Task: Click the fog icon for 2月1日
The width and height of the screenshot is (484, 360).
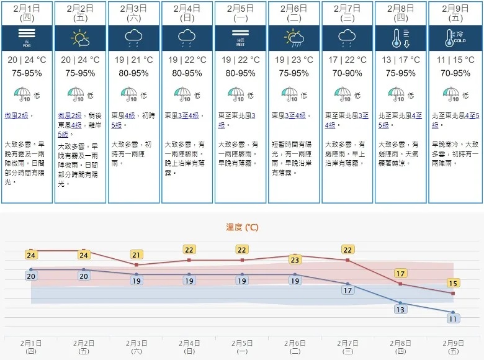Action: pyautogui.click(x=27, y=38)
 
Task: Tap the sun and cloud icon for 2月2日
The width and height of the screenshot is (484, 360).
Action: pyautogui.click(x=81, y=38)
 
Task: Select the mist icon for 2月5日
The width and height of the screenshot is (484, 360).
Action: pyautogui.click(x=241, y=38)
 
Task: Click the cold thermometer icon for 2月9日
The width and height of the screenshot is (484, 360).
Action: pyautogui.click(x=454, y=38)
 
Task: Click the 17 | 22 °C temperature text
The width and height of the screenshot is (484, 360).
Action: pyautogui.click(x=347, y=60)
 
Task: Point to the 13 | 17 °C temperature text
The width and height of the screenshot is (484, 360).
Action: pyautogui.click(x=401, y=60)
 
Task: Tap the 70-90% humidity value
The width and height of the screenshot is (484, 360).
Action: pyautogui.click(x=347, y=73)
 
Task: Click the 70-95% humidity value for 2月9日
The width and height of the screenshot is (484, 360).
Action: pyautogui.click(x=454, y=73)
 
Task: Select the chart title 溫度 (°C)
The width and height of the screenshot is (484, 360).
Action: pyautogui.click(x=242, y=228)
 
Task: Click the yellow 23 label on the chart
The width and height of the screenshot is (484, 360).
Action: pyautogui.click(x=295, y=259)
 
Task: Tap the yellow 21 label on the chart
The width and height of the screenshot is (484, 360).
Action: pyautogui.click(x=137, y=254)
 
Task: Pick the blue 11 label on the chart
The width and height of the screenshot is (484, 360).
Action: pyautogui.click(x=454, y=318)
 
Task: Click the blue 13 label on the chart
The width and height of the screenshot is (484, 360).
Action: pyautogui.click(x=401, y=309)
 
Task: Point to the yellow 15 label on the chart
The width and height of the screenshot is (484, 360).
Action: pyautogui.click(x=454, y=283)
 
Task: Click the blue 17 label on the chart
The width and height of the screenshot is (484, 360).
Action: pyautogui.click(x=347, y=290)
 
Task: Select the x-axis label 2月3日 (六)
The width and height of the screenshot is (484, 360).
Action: pyautogui.click(x=137, y=346)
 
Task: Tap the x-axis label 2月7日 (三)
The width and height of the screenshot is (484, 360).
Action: pyautogui.click(x=347, y=346)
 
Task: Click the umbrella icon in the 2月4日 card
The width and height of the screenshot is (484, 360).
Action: pyautogui.click(x=184, y=95)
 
